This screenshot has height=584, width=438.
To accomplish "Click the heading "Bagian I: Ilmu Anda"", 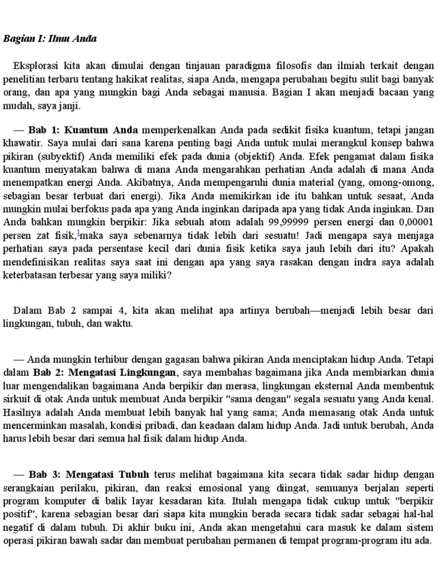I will coord(50,39).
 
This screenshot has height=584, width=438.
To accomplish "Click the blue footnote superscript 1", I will coord(78,232).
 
